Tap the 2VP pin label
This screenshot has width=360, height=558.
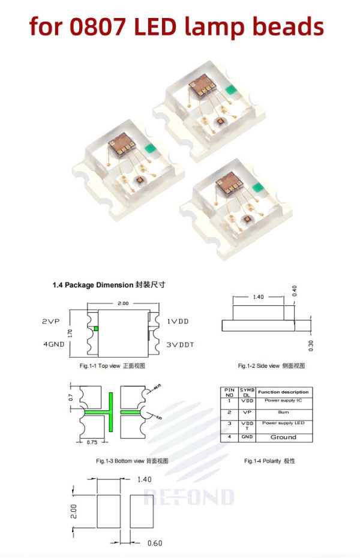(x=50, y=322)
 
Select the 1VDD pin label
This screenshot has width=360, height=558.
(x=177, y=322)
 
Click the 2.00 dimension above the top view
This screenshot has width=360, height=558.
(x=123, y=304)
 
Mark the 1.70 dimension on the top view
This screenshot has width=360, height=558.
(x=71, y=334)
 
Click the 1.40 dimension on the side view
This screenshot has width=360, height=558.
(x=259, y=297)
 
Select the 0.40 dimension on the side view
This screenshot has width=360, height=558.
(x=294, y=290)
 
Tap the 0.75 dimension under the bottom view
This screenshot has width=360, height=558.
(x=92, y=442)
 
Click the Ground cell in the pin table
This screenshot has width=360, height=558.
(x=283, y=437)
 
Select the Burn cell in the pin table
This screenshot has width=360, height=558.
(x=283, y=413)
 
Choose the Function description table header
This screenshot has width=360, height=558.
(x=283, y=392)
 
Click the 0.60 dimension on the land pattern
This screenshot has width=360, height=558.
(x=155, y=544)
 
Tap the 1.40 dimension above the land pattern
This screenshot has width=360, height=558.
(x=145, y=479)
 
